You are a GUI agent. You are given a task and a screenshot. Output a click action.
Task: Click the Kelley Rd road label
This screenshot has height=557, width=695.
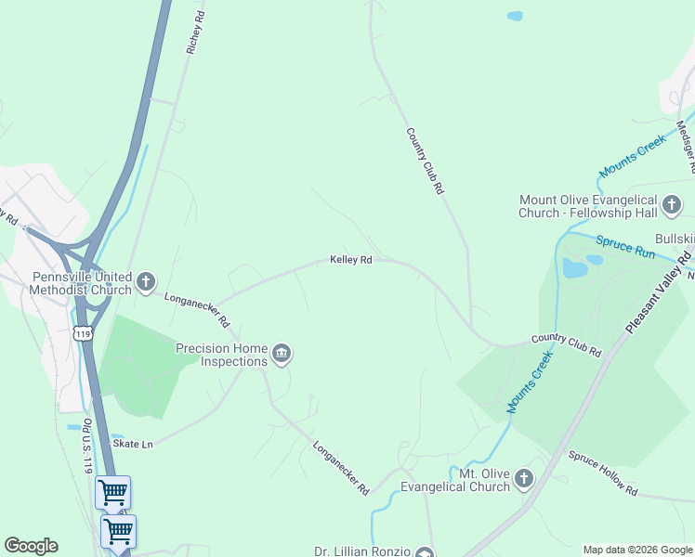(351, 260)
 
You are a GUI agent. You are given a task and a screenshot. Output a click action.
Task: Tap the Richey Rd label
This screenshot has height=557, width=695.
(195, 32)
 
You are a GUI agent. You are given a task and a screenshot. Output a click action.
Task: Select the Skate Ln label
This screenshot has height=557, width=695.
(132, 444)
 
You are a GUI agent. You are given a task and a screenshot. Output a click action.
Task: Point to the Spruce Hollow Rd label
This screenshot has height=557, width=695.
(603, 473)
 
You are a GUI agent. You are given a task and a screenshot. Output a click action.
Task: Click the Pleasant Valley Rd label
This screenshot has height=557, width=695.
(659, 291)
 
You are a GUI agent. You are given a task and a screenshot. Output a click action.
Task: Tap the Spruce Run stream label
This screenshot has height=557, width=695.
(625, 248)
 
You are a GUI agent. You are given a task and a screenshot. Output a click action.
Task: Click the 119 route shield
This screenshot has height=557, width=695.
(85, 333)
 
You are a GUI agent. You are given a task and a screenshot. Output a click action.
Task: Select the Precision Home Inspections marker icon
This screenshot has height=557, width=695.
(282, 354)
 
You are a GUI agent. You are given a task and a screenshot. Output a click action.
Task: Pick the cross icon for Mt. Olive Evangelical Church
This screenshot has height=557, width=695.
(524, 480)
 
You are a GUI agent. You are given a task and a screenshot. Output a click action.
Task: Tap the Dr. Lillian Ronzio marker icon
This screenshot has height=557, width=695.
(424, 553)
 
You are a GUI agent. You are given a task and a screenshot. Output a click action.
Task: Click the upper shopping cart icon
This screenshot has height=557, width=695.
(112, 492)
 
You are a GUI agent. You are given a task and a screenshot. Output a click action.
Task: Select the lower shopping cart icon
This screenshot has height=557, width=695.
(118, 531)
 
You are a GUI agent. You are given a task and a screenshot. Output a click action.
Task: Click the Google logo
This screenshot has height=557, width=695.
(31, 546)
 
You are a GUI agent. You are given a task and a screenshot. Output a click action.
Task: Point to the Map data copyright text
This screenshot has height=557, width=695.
(637, 550)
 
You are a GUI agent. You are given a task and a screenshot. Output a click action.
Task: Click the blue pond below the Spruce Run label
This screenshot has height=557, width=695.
(575, 268)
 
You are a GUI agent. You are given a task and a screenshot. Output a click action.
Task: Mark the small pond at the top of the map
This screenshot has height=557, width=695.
(514, 16)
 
